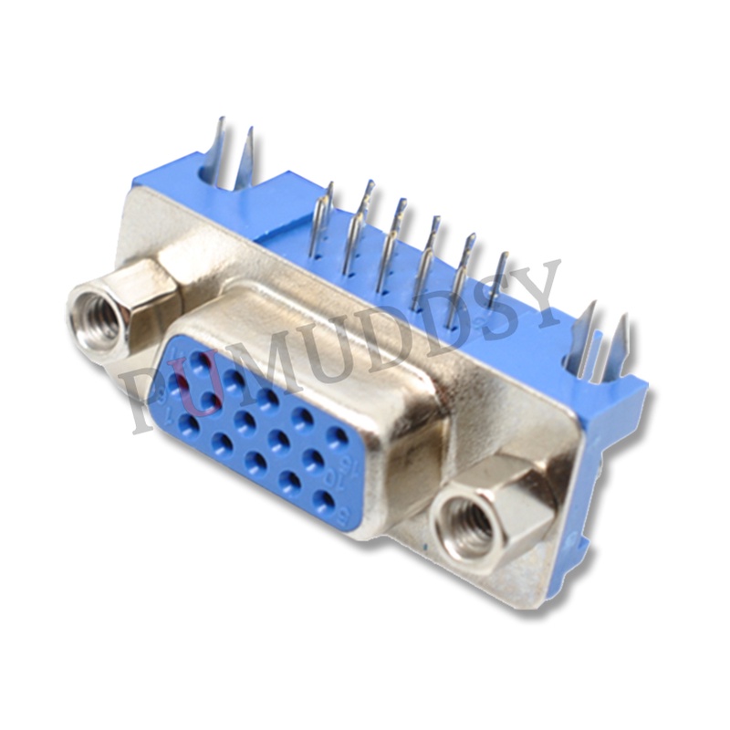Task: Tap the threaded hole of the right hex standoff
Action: click(471, 525)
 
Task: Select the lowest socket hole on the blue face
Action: click(322, 499)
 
